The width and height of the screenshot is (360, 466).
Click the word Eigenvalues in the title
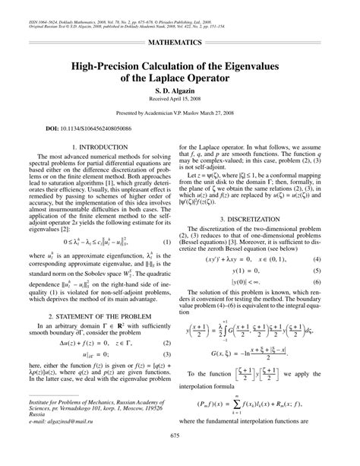pos(250,67)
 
